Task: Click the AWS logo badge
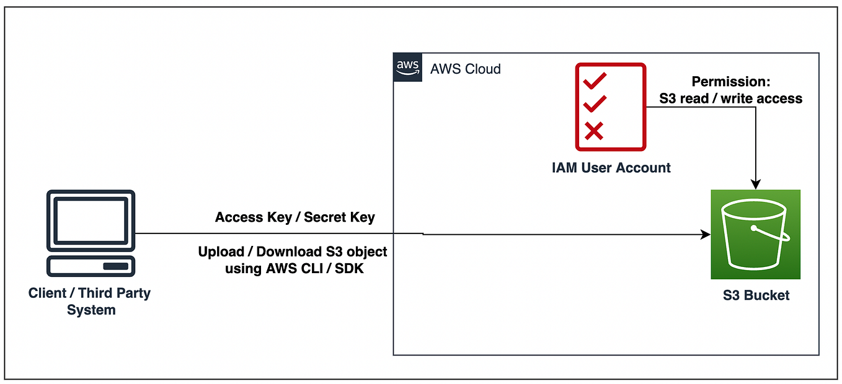click(x=407, y=68)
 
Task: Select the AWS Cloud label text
click(x=466, y=69)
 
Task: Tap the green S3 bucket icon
click(x=755, y=234)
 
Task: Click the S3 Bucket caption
click(x=756, y=295)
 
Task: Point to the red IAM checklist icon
click(x=610, y=107)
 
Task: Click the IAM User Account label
click(x=611, y=167)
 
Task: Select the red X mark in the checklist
click(x=594, y=131)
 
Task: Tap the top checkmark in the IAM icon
click(x=595, y=79)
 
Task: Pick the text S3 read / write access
click(x=730, y=98)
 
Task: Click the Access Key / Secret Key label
click(x=295, y=217)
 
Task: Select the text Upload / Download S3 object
click(x=292, y=251)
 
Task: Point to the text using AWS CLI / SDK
click(x=294, y=269)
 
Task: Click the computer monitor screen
click(x=91, y=220)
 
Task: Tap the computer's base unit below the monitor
click(x=91, y=266)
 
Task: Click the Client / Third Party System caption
click(x=90, y=301)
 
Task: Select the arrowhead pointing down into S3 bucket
click(x=755, y=184)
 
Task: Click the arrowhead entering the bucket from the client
click(x=706, y=235)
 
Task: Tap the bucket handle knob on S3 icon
click(x=754, y=228)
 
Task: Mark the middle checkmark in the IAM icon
click(x=595, y=103)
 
